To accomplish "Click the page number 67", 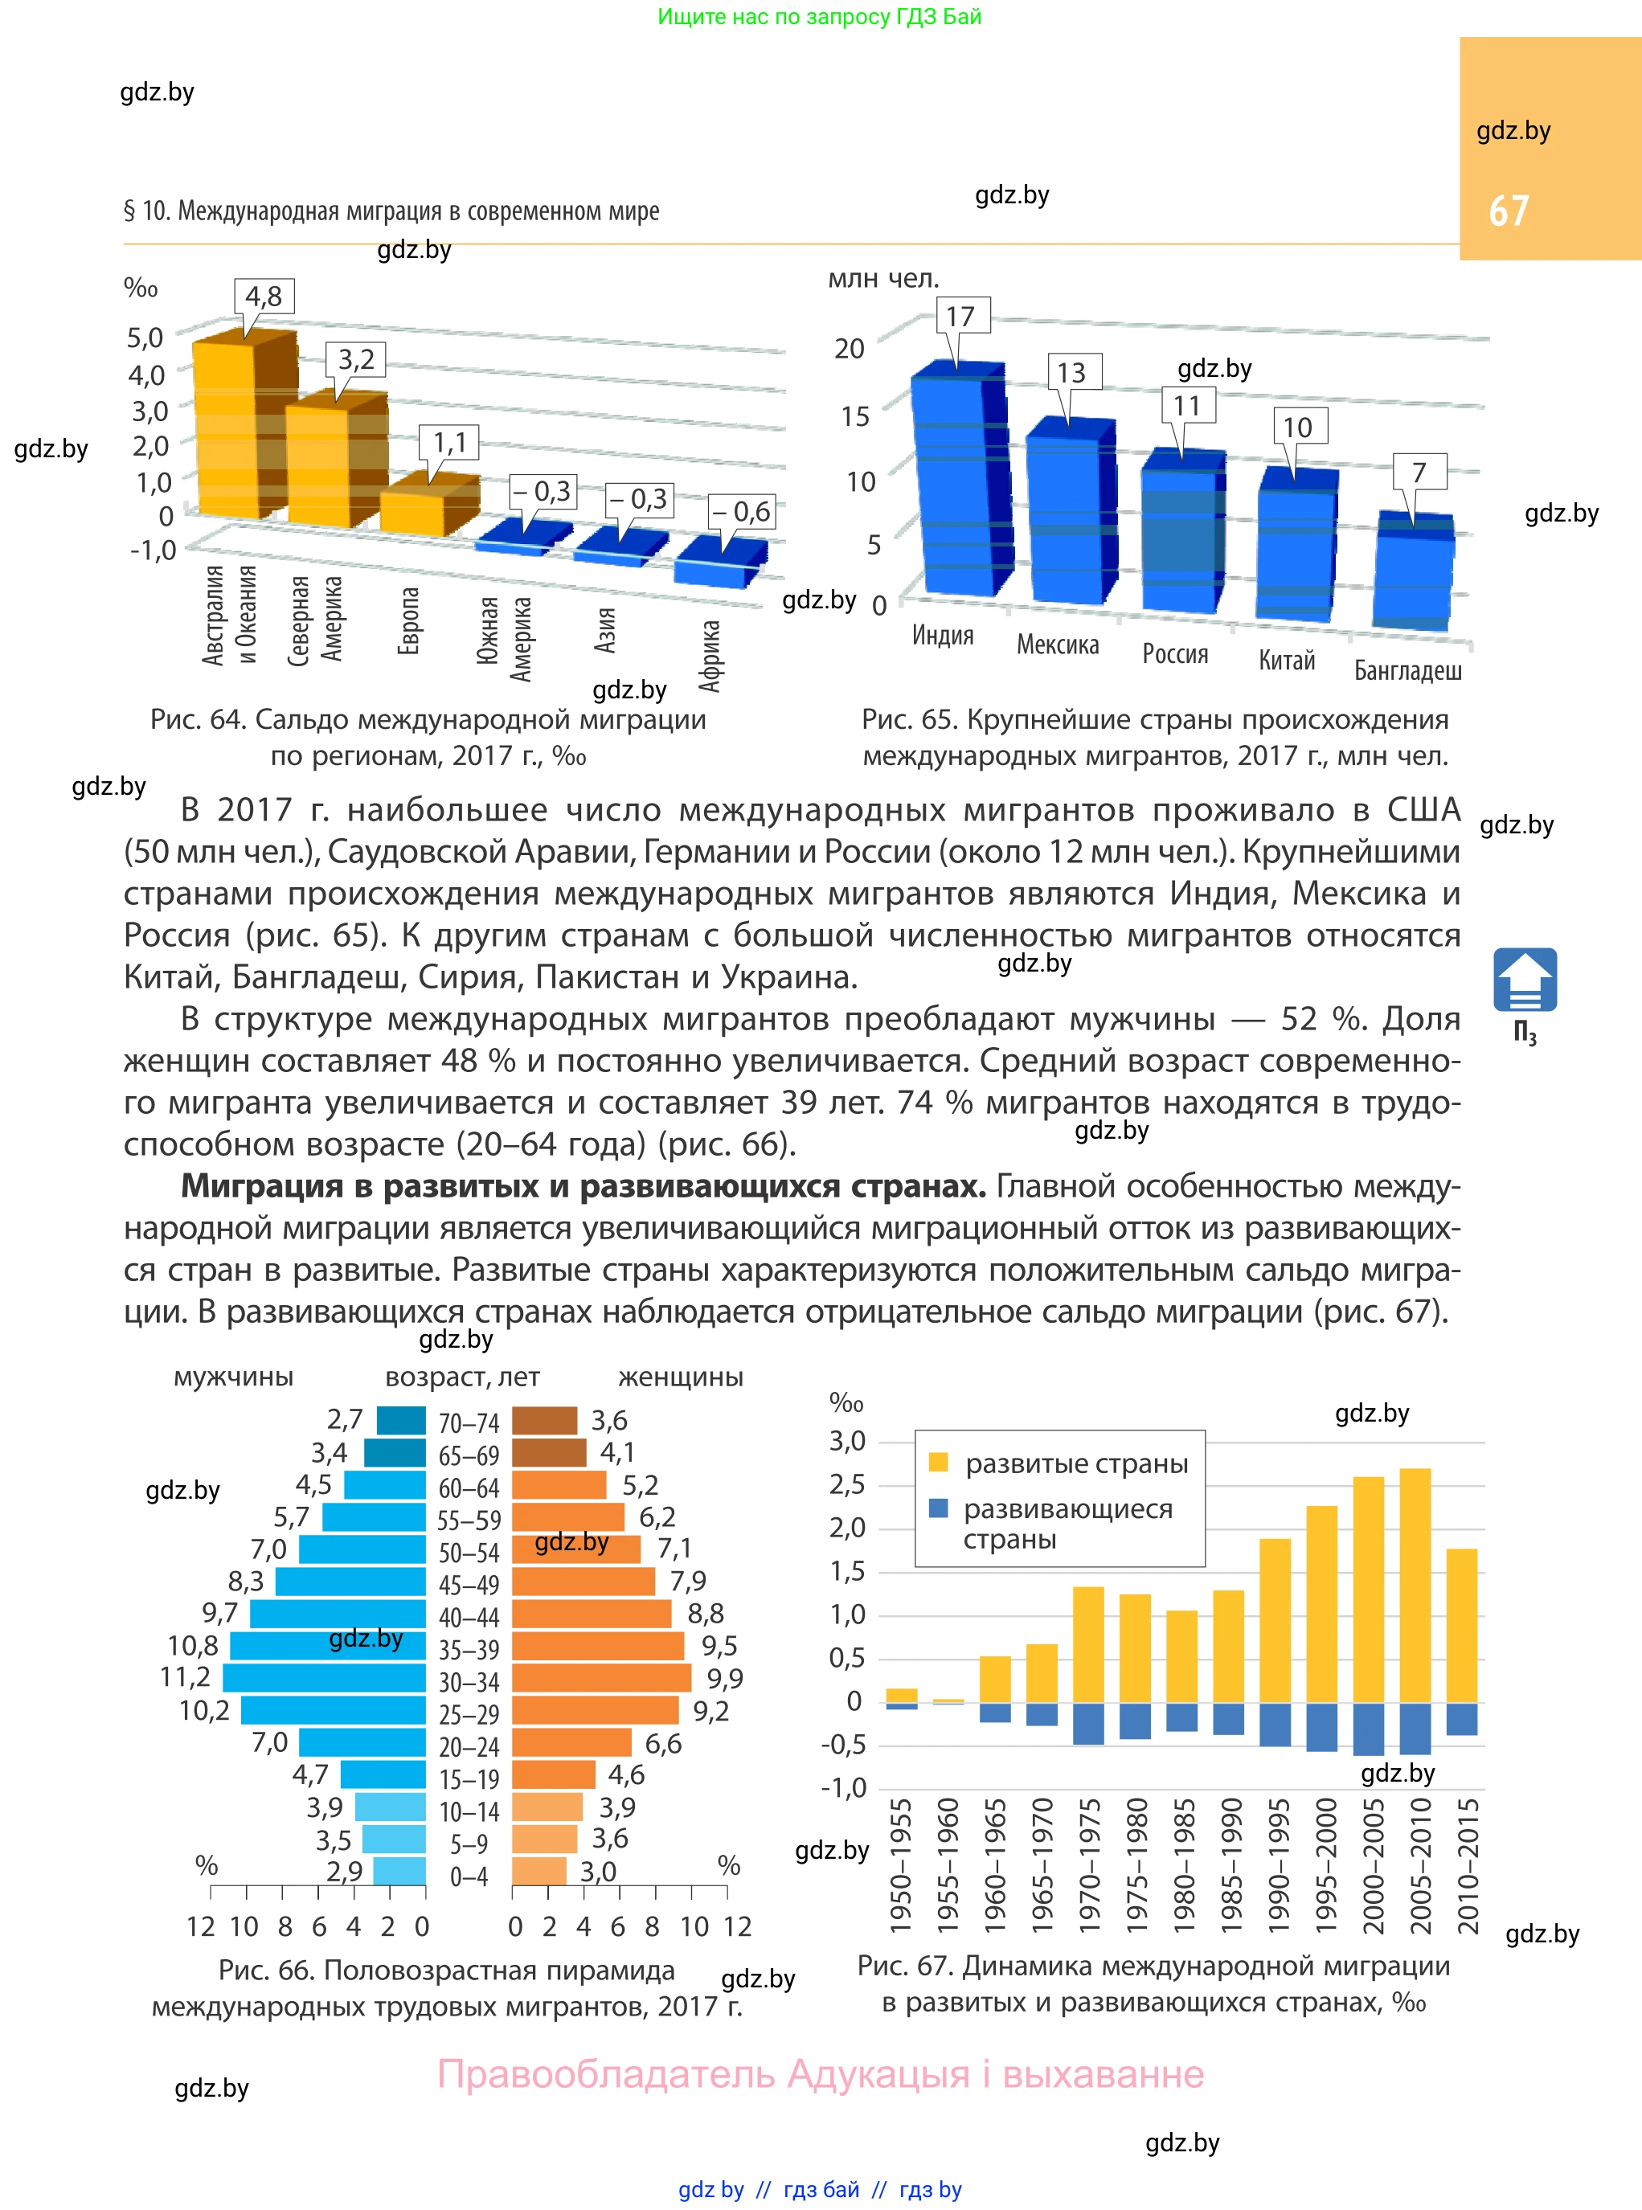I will [x=1508, y=211].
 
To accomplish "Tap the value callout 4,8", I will [x=264, y=296].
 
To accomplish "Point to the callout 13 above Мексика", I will [x=1071, y=373].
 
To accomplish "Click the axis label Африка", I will [x=709, y=656].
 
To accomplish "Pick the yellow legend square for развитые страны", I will [x=937, y=1462].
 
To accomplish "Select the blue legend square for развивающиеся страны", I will [x=937, y=1508].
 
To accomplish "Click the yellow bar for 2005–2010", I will [x=1415, y=1585].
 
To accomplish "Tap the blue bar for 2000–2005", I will [x=1368, y=1729].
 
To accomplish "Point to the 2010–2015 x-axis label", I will [x=1468, y=1865].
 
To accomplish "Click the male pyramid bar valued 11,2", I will [x=323, y=1678].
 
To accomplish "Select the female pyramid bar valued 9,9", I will [x=601, y=1678].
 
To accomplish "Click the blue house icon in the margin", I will [x=1524, y=980].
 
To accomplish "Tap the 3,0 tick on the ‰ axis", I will [x=847, y=1441].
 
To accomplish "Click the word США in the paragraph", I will [x=1423, y=810].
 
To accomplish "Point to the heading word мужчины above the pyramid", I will [x=234, y=1377].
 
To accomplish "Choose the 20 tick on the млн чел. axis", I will [x=849, y=349].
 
